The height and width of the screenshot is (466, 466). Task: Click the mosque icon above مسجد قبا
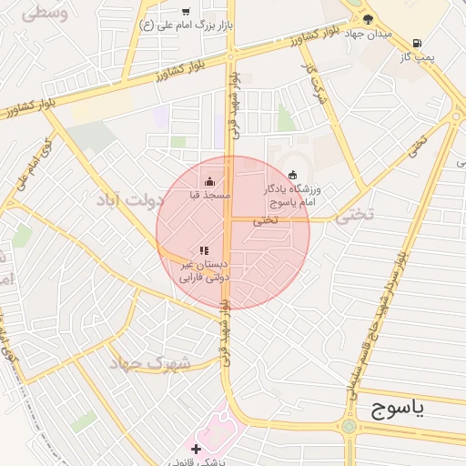pos(210,181)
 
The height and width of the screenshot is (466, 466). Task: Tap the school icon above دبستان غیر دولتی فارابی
pos(205,250)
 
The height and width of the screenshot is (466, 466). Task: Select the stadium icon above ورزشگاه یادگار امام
pos(292,175)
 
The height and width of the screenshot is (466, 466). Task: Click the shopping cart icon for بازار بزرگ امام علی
pos(186,12)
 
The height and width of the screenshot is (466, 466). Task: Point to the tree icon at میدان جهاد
pos(368,18)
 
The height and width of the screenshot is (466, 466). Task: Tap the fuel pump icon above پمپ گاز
pos(417,43)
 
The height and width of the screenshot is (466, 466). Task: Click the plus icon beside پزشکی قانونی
pos(196,449)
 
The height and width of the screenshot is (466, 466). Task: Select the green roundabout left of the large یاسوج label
pos(349,426)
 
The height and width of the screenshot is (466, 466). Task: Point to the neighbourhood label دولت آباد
pos(137,200)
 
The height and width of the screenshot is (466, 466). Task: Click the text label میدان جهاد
pos(369,34)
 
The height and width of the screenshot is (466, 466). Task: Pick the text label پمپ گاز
pos(418,57)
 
